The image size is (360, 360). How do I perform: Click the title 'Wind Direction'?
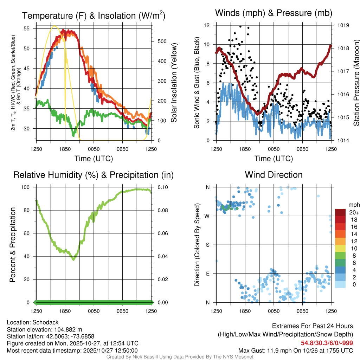(274, 175)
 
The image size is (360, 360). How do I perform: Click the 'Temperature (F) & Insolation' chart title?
(94, 16)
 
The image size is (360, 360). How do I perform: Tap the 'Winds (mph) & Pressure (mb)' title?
(274, 13)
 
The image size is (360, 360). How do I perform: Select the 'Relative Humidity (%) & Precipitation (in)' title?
(94, 175)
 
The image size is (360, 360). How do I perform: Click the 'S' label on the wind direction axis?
(208, 245)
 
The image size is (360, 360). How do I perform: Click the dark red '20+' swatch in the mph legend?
(340, 212)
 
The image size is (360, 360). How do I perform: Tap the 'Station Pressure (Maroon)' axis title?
(356, 83)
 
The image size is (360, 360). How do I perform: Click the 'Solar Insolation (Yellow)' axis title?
(174, 83)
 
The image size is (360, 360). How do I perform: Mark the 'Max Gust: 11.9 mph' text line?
(296, 350)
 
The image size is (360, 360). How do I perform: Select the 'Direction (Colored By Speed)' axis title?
(197, 245)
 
